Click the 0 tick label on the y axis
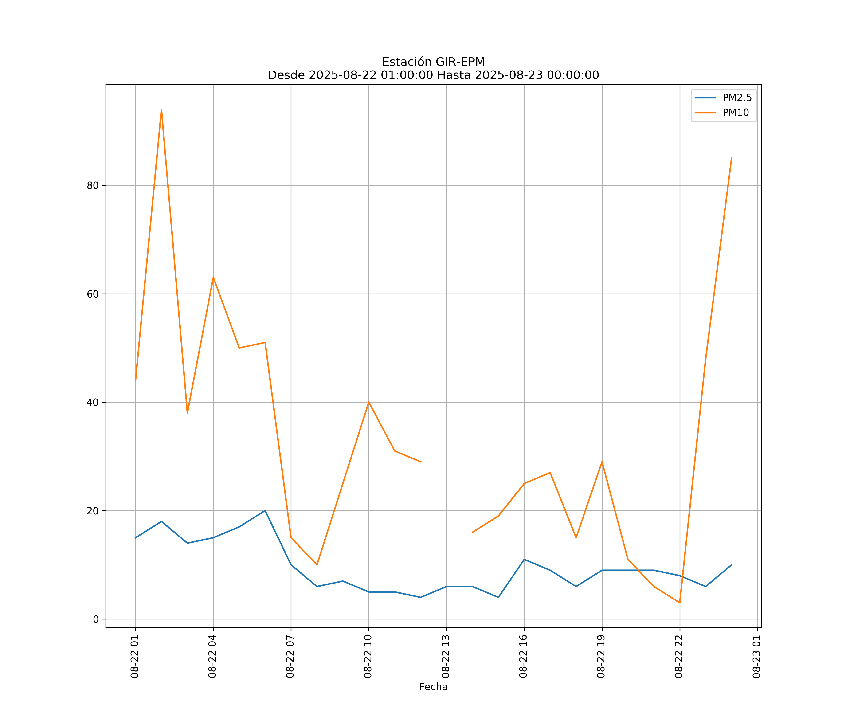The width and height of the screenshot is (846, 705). click(96, 619)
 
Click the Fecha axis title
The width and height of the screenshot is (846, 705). click(433, 687)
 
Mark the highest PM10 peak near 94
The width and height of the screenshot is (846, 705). click(161, 109)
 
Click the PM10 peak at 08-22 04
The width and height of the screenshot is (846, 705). click(213, 277)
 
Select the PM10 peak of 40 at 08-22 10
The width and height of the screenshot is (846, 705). click(369, 402)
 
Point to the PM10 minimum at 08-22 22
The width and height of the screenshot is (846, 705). click(680, 603)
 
